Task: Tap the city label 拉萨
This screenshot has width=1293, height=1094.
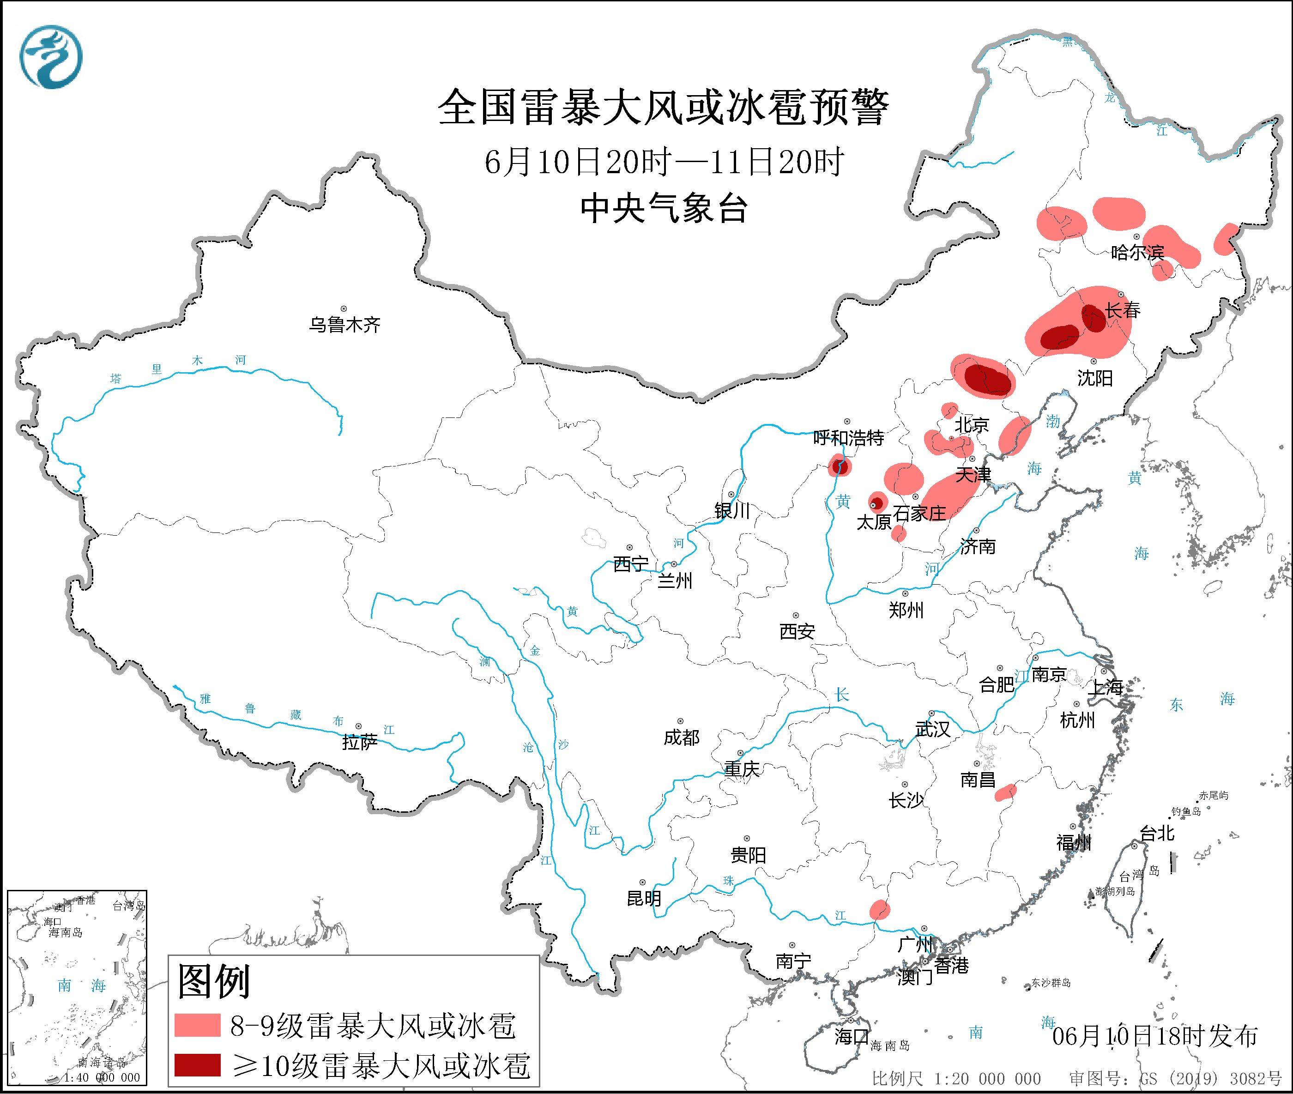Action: pos(360,743)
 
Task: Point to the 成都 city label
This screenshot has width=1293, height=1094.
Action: pos(681,737)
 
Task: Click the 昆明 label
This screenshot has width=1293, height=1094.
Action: pos(644,898)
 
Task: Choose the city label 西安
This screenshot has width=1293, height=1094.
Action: pos(797,631)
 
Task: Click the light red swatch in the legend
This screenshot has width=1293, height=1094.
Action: pos(197,1025)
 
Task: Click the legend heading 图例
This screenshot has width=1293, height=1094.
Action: pos(213,981)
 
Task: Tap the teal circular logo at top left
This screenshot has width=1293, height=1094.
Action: pos(51,57)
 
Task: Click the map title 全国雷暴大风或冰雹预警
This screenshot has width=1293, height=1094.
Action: pos(663,107)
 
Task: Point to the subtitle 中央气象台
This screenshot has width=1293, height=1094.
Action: pos(663,208)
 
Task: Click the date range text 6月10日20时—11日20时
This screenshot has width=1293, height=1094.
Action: pos(663,163)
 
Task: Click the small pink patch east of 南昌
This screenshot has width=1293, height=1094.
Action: pos(1005,792)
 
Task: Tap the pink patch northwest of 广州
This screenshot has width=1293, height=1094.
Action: pos(879,910)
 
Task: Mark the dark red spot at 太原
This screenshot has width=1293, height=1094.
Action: pos(876,502)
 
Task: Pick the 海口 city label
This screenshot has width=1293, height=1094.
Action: pos(851,1036)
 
